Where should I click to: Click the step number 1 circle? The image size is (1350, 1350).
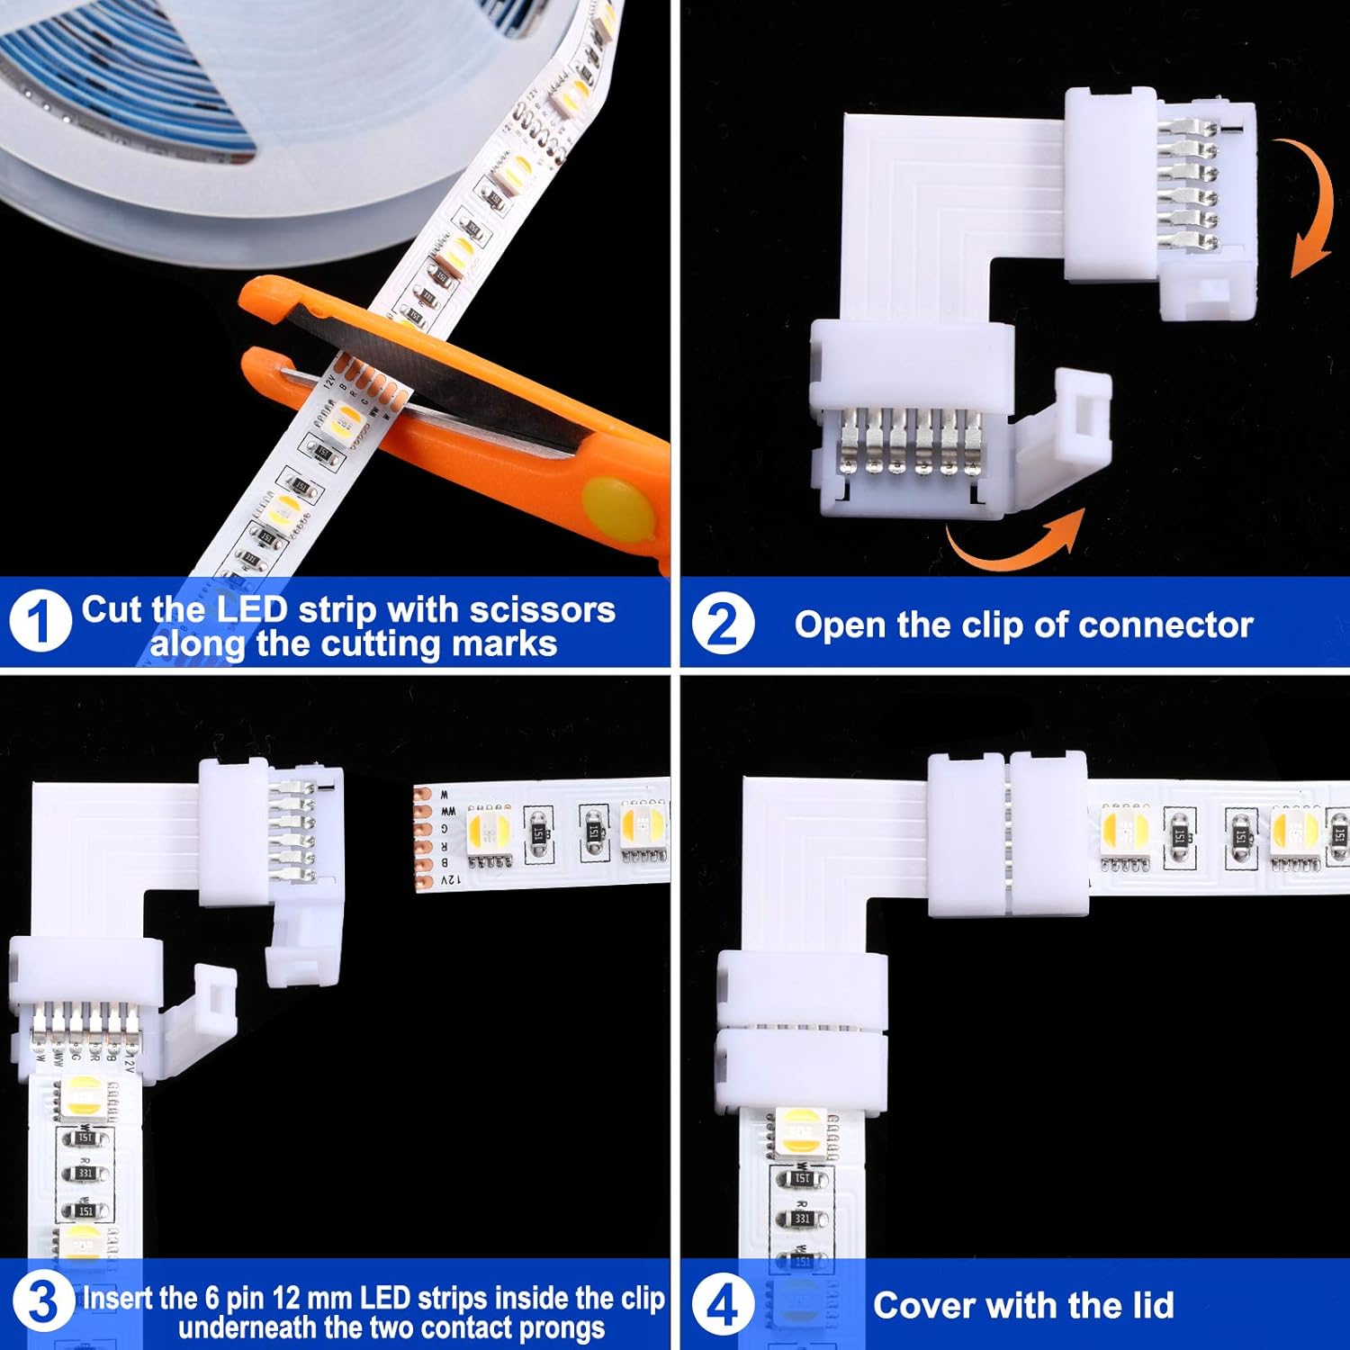tap(40, 621)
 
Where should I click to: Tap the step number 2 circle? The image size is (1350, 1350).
tap(723, 624)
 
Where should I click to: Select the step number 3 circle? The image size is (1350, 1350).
tap(41, 1302)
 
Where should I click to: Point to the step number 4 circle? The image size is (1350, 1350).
tap(723, 1304)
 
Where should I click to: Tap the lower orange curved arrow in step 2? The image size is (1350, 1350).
tap(1012, 540)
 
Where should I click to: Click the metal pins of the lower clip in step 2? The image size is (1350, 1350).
tap(909, 441)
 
